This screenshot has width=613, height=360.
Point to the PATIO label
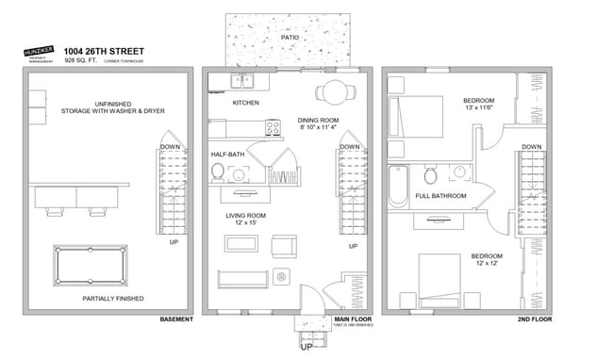pyautogui.click(x=290, y=38)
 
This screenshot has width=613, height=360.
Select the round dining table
pyautogui.click(x=334, y=91)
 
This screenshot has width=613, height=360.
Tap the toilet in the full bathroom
pyautogui.click(x=430, y=174)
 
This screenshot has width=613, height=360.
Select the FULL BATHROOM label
pyautogui.click(x=441, y=196)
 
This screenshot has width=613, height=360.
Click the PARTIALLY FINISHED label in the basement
pyautogui.click(x=114, y=299)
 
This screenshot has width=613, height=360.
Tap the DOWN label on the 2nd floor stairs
pyautogui.click(x=531, y=147)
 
